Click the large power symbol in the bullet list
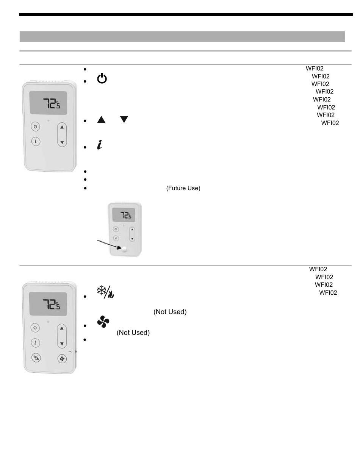click(x=102, y=79)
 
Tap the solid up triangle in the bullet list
click(x=101, y=120)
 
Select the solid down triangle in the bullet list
click(x=124, y=120)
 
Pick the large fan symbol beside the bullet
click(x=103, y=322)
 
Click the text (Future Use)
click(x=183, y=188)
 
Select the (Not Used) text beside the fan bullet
click(x=133, y=333)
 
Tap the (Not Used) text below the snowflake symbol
click(x=170, y=312)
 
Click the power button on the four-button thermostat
click(x=35, y=327)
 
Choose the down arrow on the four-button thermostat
click(x=62, y=344)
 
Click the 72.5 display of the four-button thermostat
click(x=48, y=304)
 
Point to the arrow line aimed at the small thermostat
click(x=108, y=244)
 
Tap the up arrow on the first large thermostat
click(x=62, y=127)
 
